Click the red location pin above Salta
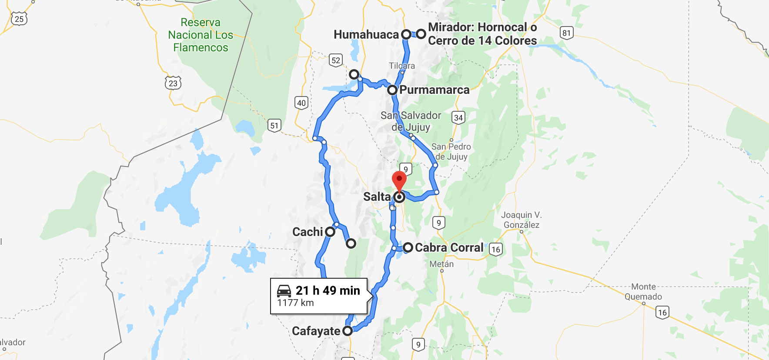coord(399,180)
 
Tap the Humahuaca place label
coord(366,35)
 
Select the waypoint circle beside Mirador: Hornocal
coord(421,34)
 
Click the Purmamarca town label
coord(434,90)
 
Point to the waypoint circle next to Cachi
coord(330,232)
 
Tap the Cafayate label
coord(316,331)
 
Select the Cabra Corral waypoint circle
coord(408,247)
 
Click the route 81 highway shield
coord(566,33)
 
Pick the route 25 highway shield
coord(19,19)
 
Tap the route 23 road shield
coord(173,83)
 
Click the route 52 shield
coord(336,60)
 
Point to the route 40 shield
coord(301,103)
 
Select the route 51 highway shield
coord(274,126)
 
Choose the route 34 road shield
coord(458,118)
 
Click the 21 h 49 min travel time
coord(328,290)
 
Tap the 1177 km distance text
coord(295,303)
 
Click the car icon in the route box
coord(284,290)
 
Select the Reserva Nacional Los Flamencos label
coord(201,35)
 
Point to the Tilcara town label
coord(402,66)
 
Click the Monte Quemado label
coord(643,292)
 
